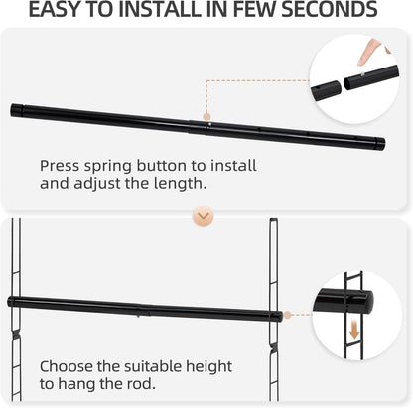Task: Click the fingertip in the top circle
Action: (x=367, y=46)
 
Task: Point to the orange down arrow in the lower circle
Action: (x=354, y=330)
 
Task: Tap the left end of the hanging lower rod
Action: (x=12, y=302)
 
